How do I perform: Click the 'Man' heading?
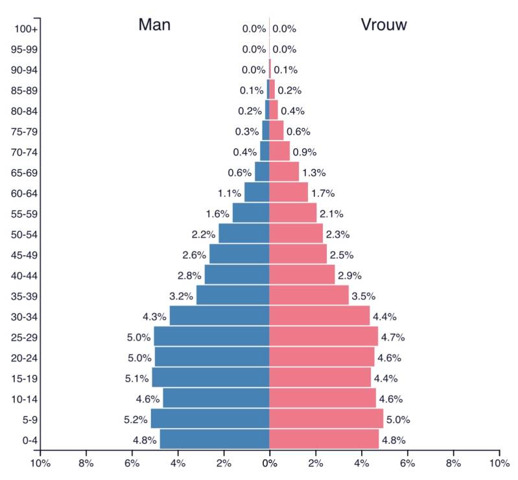(154, 25)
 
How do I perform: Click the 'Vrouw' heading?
(384, 25)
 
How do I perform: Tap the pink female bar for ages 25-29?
(324, 336)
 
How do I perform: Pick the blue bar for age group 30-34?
(220, 316)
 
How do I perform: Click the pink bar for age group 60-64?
(288, 192)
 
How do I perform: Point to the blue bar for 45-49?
(239, 254)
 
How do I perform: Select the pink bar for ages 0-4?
(324, 439)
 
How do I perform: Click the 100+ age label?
(26, 29)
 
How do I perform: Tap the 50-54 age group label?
(24, 234)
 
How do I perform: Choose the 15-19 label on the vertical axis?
(24, 379)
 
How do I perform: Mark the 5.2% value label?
(135, 420)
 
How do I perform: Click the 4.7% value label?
(393, 337)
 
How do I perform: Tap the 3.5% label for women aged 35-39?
(364, 296)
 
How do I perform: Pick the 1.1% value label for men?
(230, 194)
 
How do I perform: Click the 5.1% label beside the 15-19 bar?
(136, 379)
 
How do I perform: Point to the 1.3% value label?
(314, 173)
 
